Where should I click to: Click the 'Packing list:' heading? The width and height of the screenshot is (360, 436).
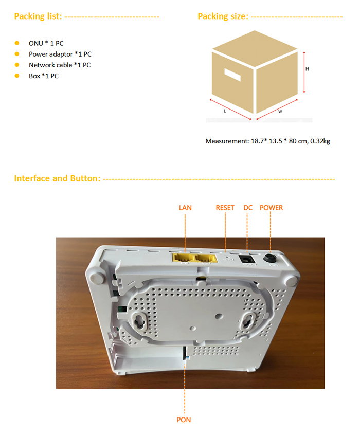point(38,16)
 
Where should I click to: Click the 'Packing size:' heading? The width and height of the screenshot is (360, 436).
point(223,16)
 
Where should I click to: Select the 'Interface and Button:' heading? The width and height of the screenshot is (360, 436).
point(57,178)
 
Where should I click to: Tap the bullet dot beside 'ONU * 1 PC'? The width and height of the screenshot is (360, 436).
point(17,43)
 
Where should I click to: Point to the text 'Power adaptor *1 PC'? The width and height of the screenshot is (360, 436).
point(60,54)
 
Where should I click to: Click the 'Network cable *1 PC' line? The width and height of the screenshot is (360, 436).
point(60,65)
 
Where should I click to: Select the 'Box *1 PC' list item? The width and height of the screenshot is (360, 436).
point(44,76)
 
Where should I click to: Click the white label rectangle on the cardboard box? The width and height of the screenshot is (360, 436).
point(232,75)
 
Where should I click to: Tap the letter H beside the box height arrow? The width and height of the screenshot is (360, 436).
point(307,69)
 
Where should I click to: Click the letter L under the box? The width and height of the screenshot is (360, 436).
point(225,111)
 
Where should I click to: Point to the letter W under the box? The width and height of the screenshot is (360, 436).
point(280,112)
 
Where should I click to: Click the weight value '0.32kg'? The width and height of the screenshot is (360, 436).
point(320,141)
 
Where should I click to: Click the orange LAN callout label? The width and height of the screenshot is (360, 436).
point(185,208)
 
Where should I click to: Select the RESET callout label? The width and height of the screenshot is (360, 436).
point(225,208)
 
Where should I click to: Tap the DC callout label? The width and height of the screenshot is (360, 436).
point(248,208)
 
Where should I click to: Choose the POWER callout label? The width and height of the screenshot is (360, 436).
point(271,208)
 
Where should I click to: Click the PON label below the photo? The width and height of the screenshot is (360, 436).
point(184,420)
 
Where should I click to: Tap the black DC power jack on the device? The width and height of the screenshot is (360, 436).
point(247,259)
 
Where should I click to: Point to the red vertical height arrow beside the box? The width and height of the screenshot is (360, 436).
point(304,72)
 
